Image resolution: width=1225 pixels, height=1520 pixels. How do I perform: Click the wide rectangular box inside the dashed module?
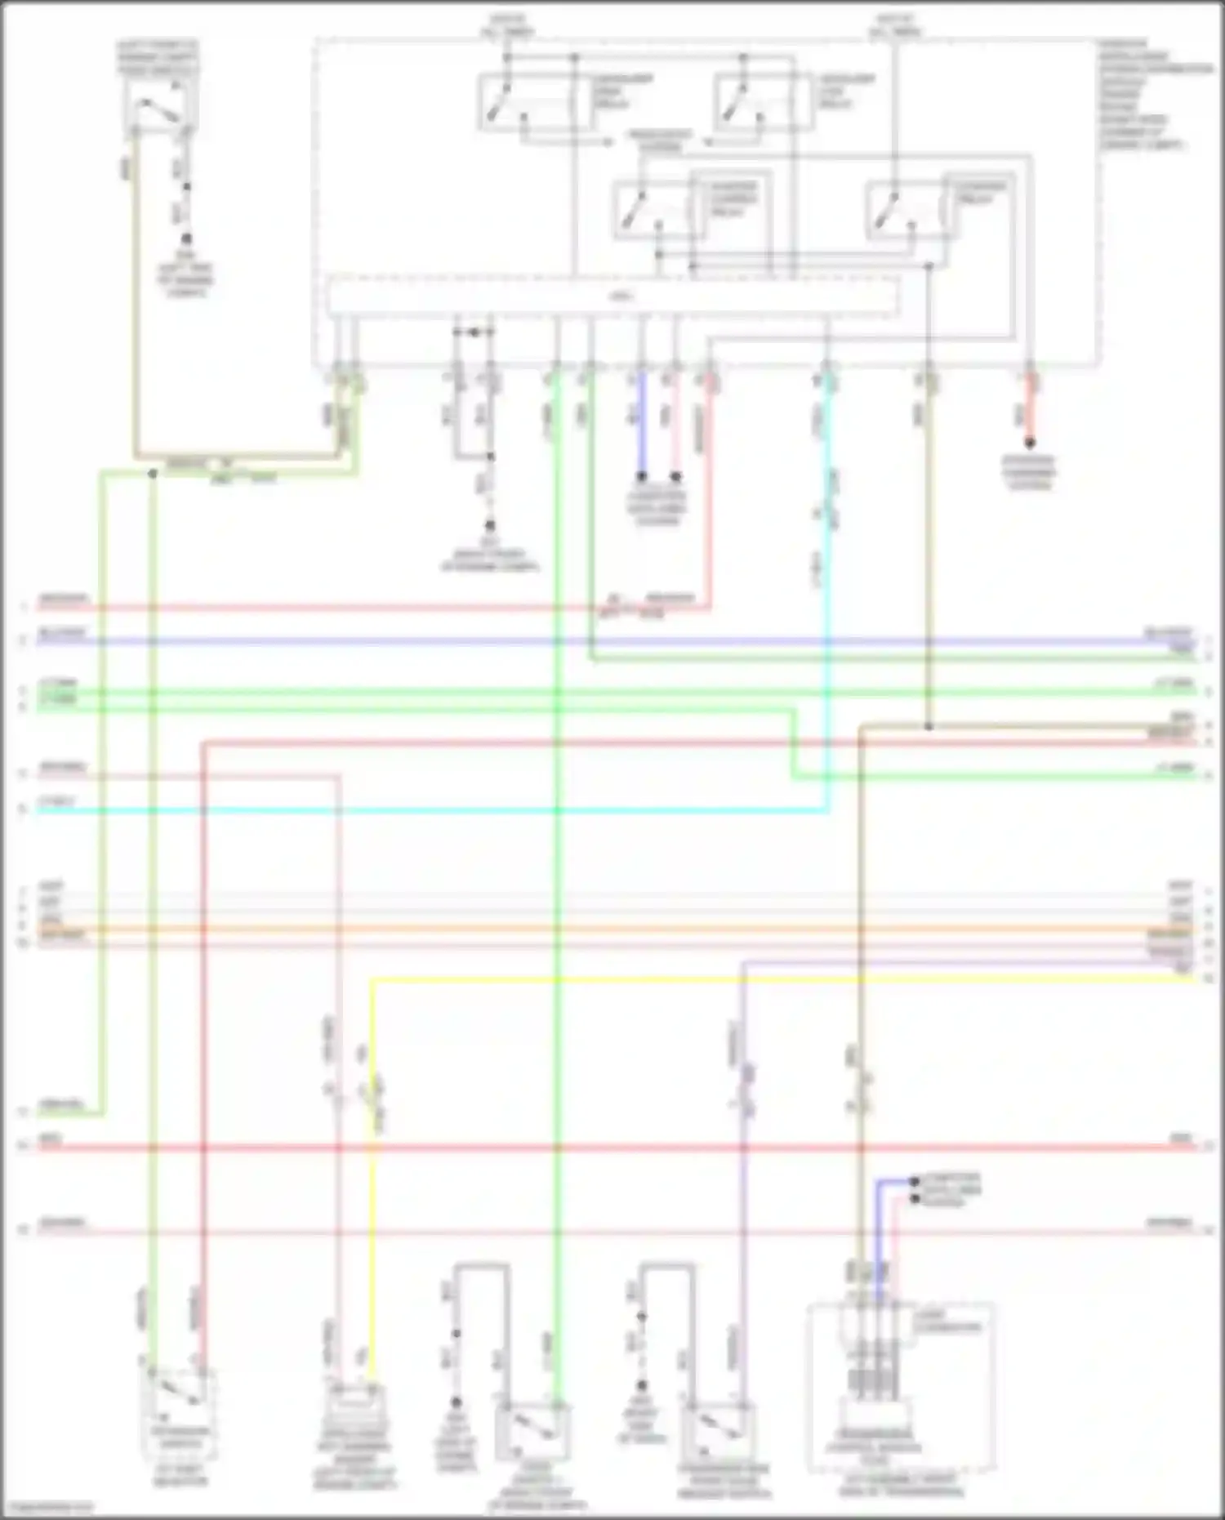pos(612,296)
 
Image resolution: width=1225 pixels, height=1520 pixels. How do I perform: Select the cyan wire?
pos(408,811)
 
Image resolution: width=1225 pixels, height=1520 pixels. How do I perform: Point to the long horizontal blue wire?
pos(572,642)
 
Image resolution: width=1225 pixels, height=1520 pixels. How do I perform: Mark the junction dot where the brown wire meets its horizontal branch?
pos(929,726)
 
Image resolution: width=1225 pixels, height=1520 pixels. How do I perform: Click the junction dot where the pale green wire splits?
pos(153,473)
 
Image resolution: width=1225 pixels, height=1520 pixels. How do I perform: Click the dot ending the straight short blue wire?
pos(642,475)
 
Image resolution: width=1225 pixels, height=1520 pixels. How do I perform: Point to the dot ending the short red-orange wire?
pos(1030,444)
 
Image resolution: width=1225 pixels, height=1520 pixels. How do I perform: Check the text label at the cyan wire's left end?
pos(57,803)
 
